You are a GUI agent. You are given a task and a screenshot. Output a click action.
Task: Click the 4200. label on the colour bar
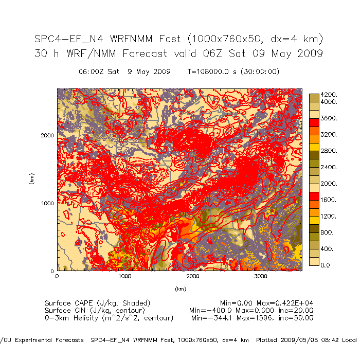[x=328, y=95]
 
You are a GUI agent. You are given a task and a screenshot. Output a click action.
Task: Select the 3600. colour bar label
[x=328, y=118]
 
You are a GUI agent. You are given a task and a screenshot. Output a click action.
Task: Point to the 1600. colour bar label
[x=328, y=200]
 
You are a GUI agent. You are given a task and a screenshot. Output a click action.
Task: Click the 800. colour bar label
[x=327, y=232]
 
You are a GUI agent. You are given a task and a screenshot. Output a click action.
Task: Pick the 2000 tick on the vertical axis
[x=48, y=136]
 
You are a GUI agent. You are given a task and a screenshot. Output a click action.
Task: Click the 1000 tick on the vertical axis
[x=48, y=203]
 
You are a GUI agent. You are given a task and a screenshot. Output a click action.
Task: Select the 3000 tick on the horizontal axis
[x=261, y=277]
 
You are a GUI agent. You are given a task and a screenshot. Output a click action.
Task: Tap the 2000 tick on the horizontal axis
[x=193, y=277]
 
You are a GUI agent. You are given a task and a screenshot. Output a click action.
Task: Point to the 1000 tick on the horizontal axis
[x=125, y=277]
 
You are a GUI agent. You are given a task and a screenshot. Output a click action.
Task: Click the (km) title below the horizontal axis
[x=180, y=289]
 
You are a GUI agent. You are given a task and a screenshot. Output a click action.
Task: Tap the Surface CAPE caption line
[x=97, y=303]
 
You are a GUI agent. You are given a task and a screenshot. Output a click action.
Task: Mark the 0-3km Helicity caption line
[x=109, y=318]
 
